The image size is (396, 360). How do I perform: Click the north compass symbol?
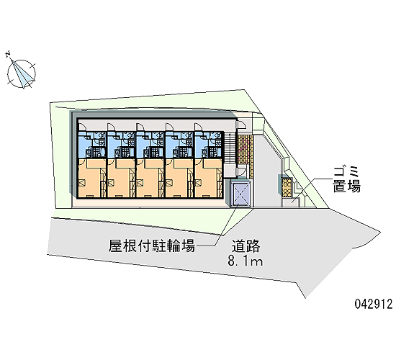coord(21,73)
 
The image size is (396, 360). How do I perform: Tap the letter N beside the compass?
coord(8,53)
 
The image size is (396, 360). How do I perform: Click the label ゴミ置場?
coord(346,180)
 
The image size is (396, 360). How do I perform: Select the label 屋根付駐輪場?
coord(151,246)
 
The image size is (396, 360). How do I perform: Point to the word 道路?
coord(246,246)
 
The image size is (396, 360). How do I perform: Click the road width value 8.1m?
coord(246,261)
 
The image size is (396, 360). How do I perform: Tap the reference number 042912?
coord(374,304)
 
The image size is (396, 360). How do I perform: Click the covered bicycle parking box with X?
coord(240,193)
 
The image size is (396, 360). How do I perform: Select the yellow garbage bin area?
coord(287,188)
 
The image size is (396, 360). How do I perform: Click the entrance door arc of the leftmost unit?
coord(84,127)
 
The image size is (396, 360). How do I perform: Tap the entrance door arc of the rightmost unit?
coord(199,127)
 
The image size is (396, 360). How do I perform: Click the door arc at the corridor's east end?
coord(242,125)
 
